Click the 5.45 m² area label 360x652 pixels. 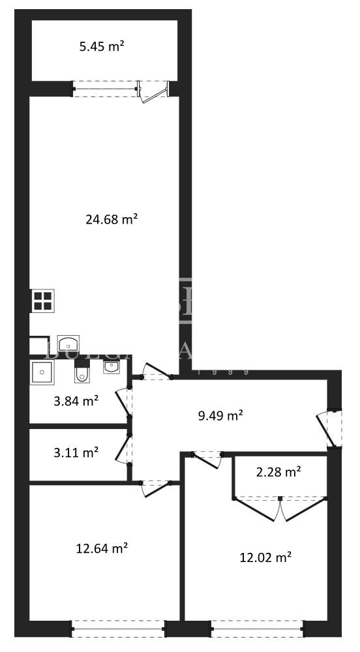click(x=102, y=46)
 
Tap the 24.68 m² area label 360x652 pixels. click(x=112, y=219)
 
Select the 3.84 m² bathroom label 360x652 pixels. click(x=76, y=401)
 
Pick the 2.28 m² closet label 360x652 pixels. click(x=278, y=471)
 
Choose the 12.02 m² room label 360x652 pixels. click(x=265, y=557)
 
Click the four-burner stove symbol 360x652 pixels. click(x=43, y=301)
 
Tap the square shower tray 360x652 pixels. click(x=42, y=372)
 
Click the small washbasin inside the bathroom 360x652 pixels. click(x=112, y=368)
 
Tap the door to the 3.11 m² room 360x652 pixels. click(x=124, y=450)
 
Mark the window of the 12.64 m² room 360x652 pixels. click(x=118, y=629)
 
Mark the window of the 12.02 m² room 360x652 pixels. click(x=256, y=629)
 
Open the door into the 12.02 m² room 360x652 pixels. click(x=208, y=458)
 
